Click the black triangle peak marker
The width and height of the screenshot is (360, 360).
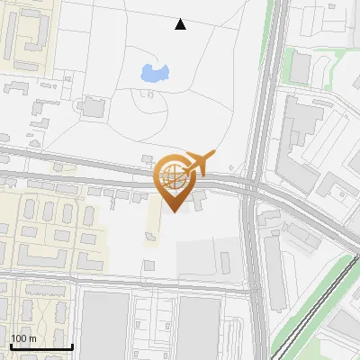[180, 24]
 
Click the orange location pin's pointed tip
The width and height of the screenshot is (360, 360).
[175, 211]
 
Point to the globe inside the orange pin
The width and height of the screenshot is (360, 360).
[175, 176]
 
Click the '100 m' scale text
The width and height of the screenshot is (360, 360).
[24, 338]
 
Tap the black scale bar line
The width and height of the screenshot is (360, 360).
[40, 346]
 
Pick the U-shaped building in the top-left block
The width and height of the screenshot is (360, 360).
[31, 27]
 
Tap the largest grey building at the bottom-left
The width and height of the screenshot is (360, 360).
[103, 328]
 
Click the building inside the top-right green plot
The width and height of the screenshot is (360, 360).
[300, 65]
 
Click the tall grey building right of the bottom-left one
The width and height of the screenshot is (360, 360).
[199, 328]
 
